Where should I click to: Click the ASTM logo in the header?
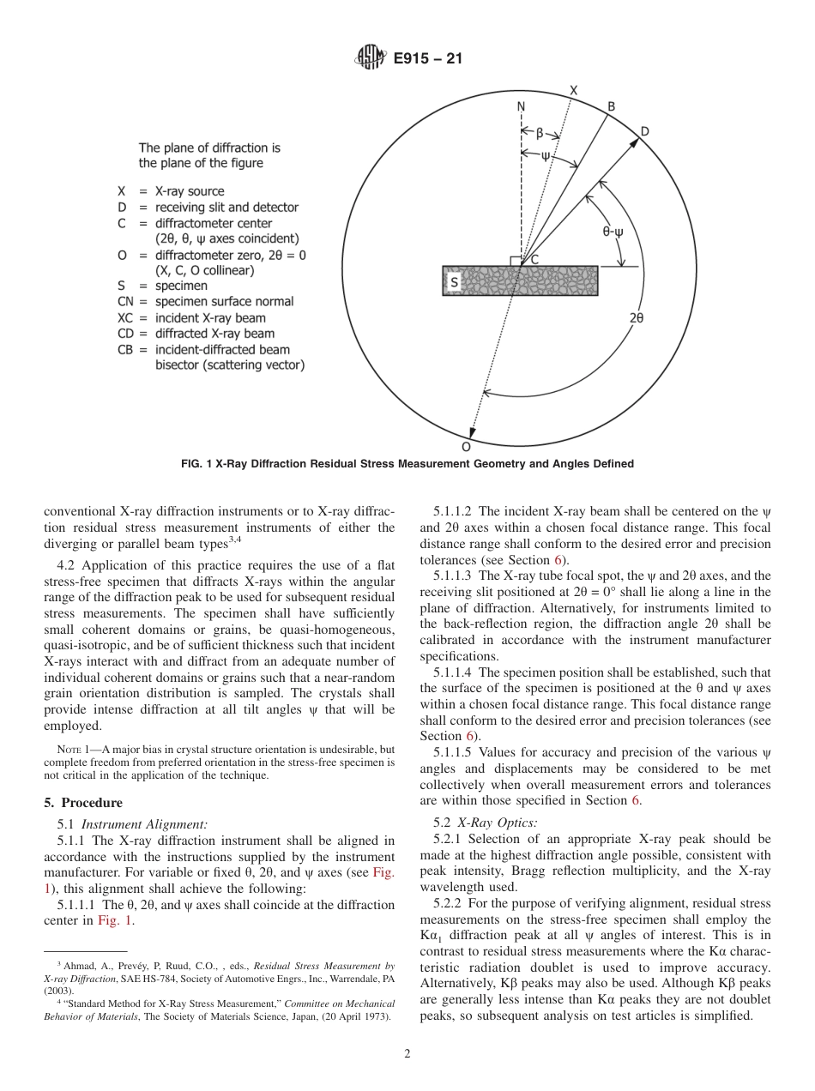coord(370,58)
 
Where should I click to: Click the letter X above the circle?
coord(573,91)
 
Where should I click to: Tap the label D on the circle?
coord(644,130)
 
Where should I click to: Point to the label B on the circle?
coord(611,106)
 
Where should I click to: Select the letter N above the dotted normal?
coord(521,107)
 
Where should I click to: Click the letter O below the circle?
coord(466,447)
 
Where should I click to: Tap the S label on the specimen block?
coord(454,281)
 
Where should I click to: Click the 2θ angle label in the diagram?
coord(636,317)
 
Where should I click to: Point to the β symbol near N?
coord(540,134)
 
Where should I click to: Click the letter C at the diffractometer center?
coord(534,259)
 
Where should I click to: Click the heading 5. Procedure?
coord(83,803)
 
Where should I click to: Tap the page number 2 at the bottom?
coord(407,1054)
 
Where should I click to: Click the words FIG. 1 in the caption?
coord(198,464)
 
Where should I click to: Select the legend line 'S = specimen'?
coord(162,286)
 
